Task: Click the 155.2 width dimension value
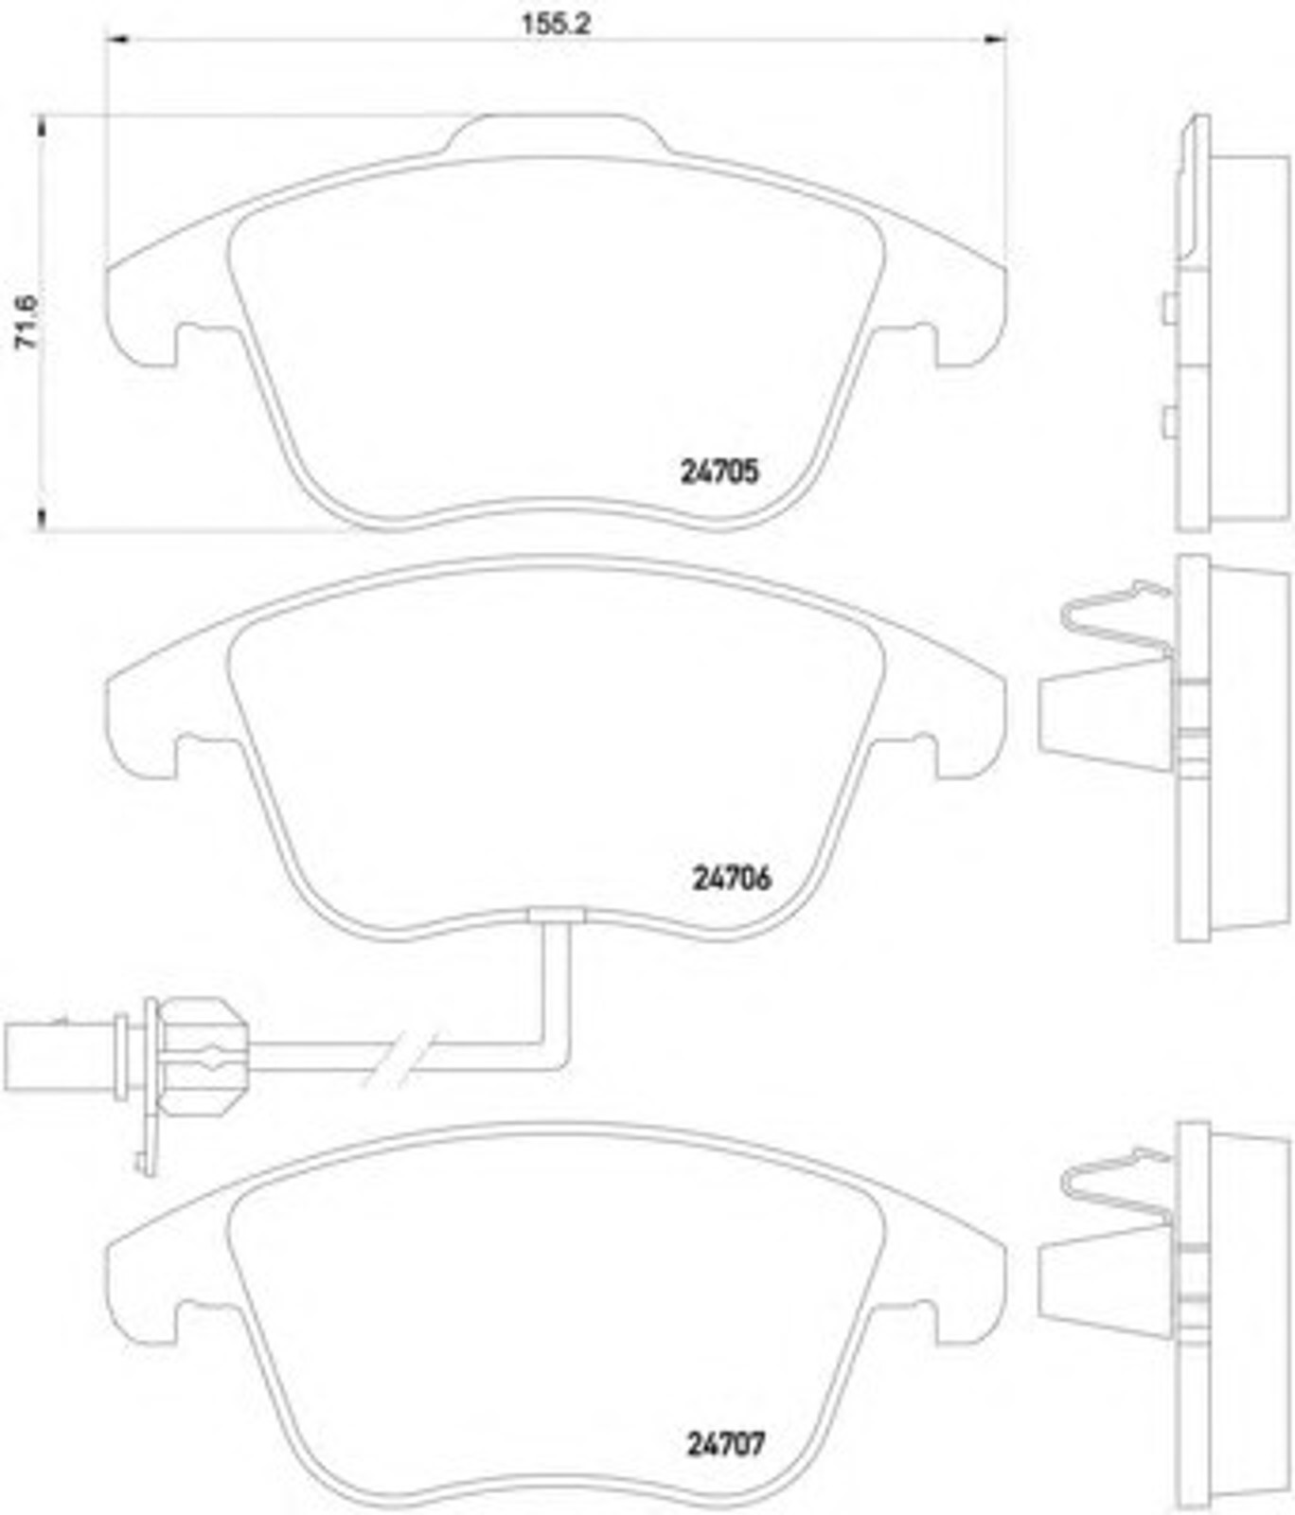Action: (x=556, y=24)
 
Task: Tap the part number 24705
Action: (x=719, y=472)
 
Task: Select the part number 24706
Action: (x=732, y=879)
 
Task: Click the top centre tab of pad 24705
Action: (x=556, y=133)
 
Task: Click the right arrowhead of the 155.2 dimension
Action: (x=995, y=39)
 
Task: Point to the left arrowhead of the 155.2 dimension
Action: (x=115, y=39)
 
